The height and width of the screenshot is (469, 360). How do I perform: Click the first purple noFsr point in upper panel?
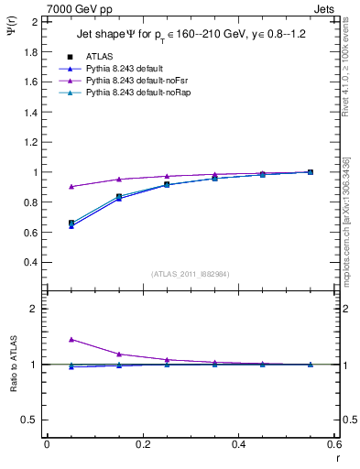pos(71,187)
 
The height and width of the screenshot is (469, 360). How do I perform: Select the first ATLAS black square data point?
pos(71,223)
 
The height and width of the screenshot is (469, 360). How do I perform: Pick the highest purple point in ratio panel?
pos(71,339)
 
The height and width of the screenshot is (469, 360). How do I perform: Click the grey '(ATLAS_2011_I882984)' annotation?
pos(190,274)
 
